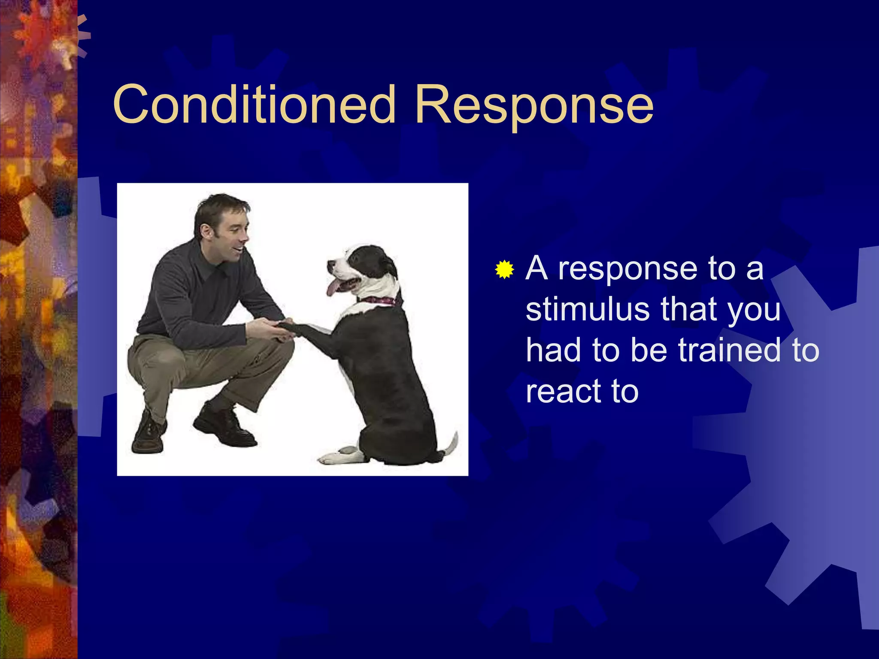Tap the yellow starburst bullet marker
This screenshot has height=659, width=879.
tap(504, 269)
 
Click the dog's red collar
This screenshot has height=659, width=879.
tap(379, 300)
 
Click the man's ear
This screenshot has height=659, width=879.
tap(205, 232)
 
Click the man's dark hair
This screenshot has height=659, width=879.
tap(219, 206)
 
